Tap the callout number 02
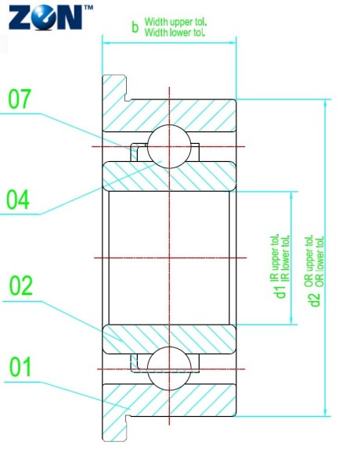pyautogui.click(x=21, y=286)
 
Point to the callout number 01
pyautogui.click(x=21, y=366)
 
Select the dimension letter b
pyautogui.click(x=135, y=28)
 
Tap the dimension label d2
pyautogui.click(x=315, y=298)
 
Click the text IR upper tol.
pyautogui.click(x=274, y=258)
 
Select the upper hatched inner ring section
pyautogui.click(x=168, y=176)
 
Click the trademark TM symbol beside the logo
pyautogui.click(x=87, y=6)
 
